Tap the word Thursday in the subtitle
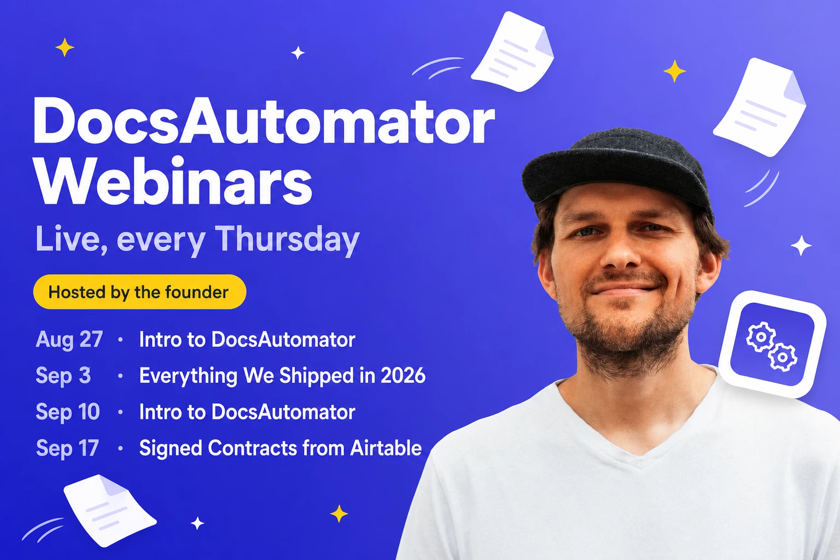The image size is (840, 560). [288, 240]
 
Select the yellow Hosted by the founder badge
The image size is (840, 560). [139, 292]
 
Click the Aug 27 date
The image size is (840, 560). [69, 340]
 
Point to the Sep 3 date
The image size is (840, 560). [63, 376]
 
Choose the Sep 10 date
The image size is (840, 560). [68, 412]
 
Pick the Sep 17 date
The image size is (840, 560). [67, 448]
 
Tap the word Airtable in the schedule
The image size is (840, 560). [386, 448]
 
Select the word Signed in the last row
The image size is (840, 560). [171, 448]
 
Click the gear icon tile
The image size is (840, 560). [773, 345]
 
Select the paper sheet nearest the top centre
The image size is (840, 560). [513, 51]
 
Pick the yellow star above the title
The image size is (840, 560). [65, 47]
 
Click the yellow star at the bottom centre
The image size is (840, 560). [339, 514]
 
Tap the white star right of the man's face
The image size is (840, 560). [801, 246]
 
